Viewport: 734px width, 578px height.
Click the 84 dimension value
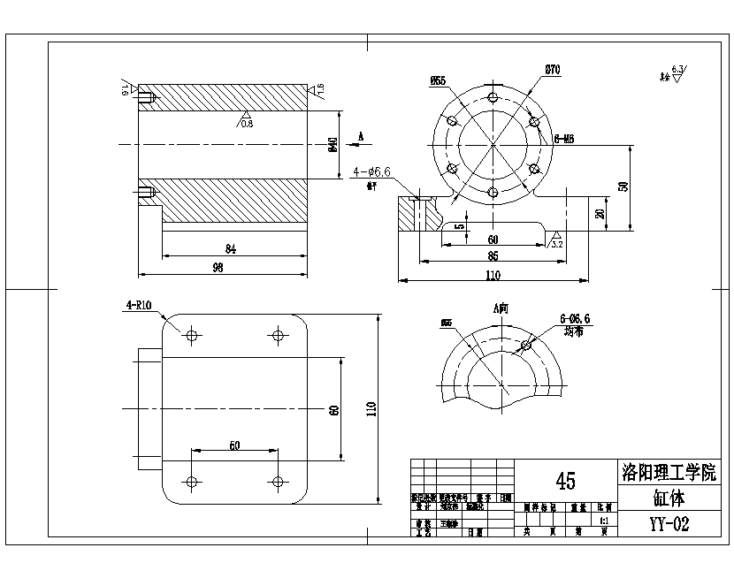[231, 249]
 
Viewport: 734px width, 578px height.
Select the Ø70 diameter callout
[553, 69]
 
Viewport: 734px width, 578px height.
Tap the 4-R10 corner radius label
[139, 306]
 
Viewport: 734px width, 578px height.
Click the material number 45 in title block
[566, 481]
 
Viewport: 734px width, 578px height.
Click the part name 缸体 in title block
[669, 498]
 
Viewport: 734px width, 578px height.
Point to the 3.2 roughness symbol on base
[556, 240]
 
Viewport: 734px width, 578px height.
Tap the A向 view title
[501, 308]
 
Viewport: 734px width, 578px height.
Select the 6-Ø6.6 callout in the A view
[575, 320]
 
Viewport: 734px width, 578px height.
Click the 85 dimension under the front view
[493, 256]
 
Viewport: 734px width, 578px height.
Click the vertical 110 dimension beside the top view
[371, 408]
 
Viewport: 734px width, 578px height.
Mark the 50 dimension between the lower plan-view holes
[234, 446]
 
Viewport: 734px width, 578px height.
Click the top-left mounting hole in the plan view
[191, 334]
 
